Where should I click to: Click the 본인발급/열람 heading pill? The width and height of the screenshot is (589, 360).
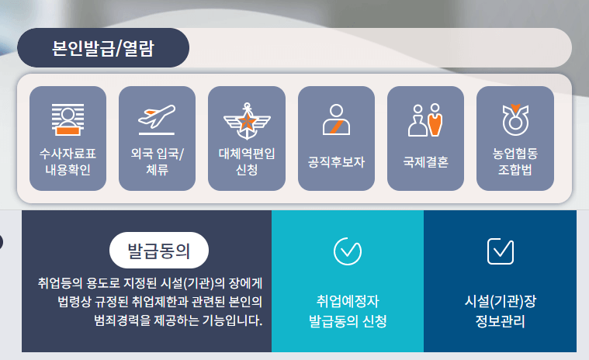coord(103,48)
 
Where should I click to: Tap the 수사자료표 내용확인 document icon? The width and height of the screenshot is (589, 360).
coord(68,119)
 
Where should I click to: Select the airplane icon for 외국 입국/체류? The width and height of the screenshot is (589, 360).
coord(157,118)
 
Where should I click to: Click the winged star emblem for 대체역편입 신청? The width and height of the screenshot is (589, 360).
coord(246,119)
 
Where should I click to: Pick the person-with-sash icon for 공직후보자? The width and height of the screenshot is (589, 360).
coord(336,119)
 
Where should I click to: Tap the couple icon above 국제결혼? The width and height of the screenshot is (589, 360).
coord(425,119)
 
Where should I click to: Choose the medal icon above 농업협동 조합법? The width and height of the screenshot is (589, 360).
coord(515,119)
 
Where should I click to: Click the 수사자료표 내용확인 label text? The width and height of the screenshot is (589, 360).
coord(68,161)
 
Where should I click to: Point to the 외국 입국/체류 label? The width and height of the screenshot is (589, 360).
coord(157,161)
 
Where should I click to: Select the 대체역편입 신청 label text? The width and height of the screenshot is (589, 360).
coord(246,161)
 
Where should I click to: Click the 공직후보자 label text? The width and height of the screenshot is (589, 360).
coord(336,162)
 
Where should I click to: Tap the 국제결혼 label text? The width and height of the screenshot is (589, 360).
coord(425,162)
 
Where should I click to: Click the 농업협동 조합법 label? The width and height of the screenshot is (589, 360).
coord(515,161)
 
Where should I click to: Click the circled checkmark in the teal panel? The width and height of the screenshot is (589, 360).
coord(347,250)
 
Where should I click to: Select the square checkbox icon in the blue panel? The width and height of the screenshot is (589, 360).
coord(500,250)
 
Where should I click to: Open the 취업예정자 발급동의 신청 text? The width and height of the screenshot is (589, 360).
coord(347,310)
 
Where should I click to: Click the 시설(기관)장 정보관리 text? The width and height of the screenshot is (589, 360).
coord(500,310)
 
